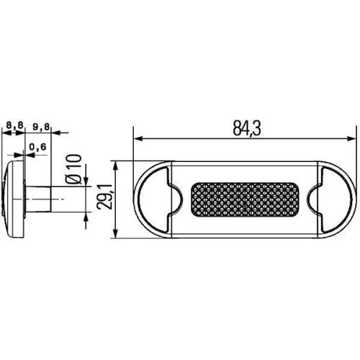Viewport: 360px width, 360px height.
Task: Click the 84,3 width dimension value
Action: pos(246,127)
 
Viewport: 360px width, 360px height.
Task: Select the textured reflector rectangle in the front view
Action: pos(246,199)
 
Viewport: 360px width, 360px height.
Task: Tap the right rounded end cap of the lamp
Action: pos(338,199)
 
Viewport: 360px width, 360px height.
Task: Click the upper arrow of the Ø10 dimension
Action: pos(86,184)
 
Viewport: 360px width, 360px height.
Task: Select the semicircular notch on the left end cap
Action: pos(173,199)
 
